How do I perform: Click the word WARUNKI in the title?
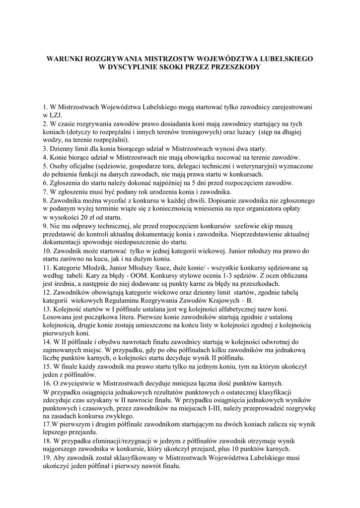pyautogui.click(x=65, y=59)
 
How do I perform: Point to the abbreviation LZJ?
pyautogui.click(x=54, y=115)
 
